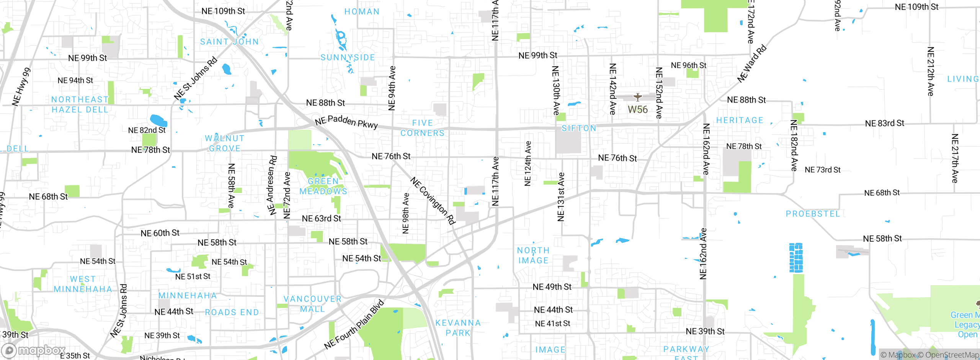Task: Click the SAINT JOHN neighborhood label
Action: pyautogui.click(x=229, y=42)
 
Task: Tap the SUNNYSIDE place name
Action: pyautogui.click(x=348, y=57)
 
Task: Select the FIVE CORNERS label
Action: pyautogui.click(x=422, y=128)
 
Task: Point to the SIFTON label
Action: pyautogui.click(x=579, y=128)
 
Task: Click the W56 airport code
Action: pyautogui.click(x=637, y=110)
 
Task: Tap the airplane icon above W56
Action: pyautogui.click(x=637, y=97)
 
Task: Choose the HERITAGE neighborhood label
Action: pyautogui.click(x=740, y=120)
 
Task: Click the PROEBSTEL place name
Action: pyautogui.click(x=813, y=214)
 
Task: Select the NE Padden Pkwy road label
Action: pyautogui.click(x=346, y=121)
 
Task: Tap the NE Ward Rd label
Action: pyautogui.click(x=752, y=64)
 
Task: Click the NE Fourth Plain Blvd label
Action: pyautogui.click(x=354, y=325)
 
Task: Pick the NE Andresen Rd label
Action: pyautogui.click(x=272, y=185)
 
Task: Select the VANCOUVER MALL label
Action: pyautogui.click(x=312, y=304)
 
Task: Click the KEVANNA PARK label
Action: pyautogui.click(x=458, y=328)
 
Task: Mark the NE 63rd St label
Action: pyautogui.click(x=321, y=218)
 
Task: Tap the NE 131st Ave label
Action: pyautogui.click(x=561, y=197)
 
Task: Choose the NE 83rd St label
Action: pyautogui.click(x=884, y=123)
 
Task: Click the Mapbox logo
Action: pyautogui.click(x=34, y=350)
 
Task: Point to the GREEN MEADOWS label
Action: pyautogui.click(x=323, y=186)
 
